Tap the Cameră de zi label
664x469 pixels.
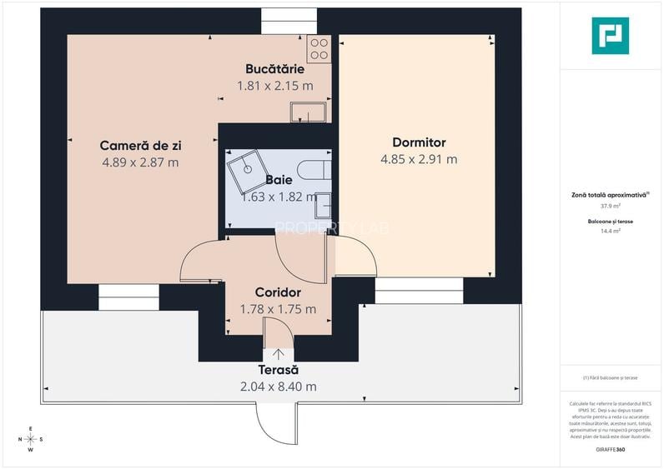(x=140, y=145)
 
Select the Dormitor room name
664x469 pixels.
(x=419, y=142)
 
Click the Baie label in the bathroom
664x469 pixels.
(x=279, y=179)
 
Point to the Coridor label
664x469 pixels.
(x=278, y=292)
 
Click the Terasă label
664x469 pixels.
(x=278, y=369)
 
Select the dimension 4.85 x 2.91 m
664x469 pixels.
(x=419, y=159)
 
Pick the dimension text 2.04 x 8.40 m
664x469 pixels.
(x=278, y=386)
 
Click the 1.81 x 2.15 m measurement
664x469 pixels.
(x=274, y=85)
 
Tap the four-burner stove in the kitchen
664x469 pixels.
(x=319, y=49)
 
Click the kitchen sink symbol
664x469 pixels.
(x=309, y=111)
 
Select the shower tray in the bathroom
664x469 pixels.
(x=247, y=170)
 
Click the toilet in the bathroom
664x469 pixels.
(x=315, y=170)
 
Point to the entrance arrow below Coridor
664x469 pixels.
(x=278, y=354)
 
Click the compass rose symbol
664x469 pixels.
(x=31, y=439)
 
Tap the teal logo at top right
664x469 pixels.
(x=610, y=36)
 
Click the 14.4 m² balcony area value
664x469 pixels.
(x=610, y=231)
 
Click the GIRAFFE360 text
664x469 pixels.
(x=610, y=450)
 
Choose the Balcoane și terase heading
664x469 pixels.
(x=610, y=222)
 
